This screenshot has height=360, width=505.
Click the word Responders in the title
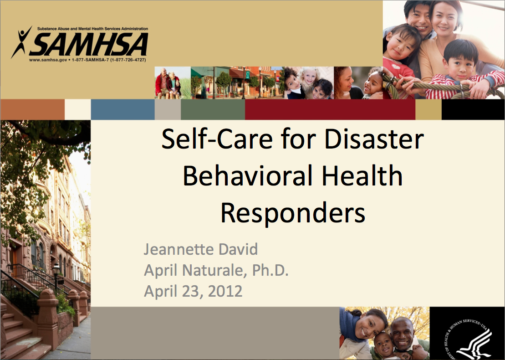(x=293, y=212)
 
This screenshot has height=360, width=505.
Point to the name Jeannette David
(x=201, y=249)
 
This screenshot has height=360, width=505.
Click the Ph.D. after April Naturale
(x=270, y=270)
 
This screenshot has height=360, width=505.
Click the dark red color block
(x=330, y=109)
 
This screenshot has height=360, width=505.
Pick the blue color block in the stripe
(x=122, y=109)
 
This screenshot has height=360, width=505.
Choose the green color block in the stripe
(x=213, y=109)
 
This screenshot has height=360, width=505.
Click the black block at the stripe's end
(x=473, y=109)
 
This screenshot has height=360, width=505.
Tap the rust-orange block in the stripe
(x=32, y=109)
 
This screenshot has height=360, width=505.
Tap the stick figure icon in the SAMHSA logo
(x=21, y=42)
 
